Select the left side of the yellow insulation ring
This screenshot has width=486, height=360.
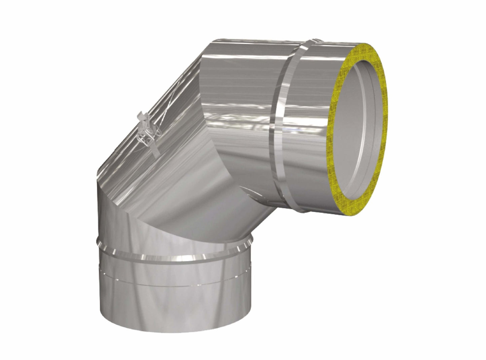(x=337, y=135)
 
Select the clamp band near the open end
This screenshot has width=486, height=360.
(x=281, y=135)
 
